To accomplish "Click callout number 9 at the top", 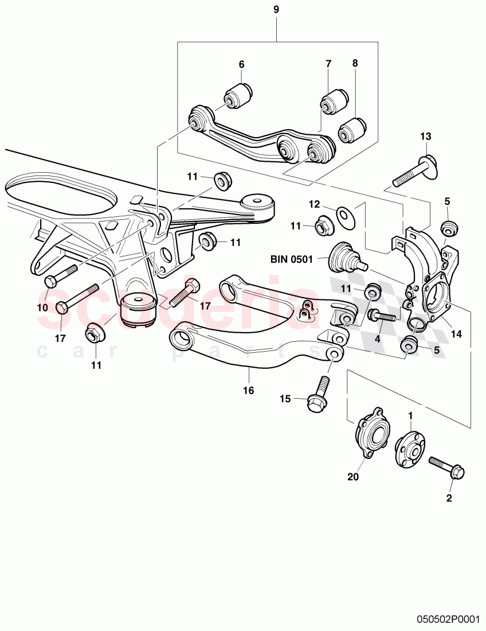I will tap(276, 10).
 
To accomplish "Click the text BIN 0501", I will tap(292, 259).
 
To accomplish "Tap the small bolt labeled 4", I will tap(383, 315).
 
